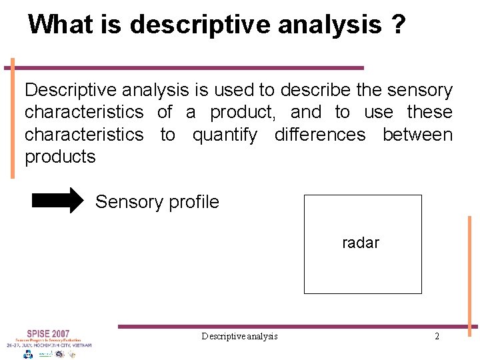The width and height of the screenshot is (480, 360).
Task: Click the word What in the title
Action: click(61, 25)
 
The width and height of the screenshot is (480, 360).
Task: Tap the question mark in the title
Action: click(398, 25)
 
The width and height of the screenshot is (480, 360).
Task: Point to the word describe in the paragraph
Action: click(317, 90)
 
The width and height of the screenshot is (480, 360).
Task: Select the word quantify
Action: click(225, 135)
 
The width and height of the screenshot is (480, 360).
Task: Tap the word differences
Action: click(320, 135)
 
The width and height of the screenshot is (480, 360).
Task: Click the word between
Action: click(417, 135)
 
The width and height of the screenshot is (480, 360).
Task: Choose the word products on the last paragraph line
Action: click(60, 157)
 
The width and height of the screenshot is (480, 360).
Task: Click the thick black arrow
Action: click(58, 201)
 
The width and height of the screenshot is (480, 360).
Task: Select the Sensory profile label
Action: click(157, 202)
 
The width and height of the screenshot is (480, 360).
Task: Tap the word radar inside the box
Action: click(360, 243)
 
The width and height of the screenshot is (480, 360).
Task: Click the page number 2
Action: click(437, 336)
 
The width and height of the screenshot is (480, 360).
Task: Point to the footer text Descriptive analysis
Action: click(239, 336)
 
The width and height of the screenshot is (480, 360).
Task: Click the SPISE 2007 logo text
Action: click(48, 333)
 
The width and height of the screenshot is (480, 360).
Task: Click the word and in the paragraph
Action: click(305, 112)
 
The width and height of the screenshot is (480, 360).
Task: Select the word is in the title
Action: click(110, 25)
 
